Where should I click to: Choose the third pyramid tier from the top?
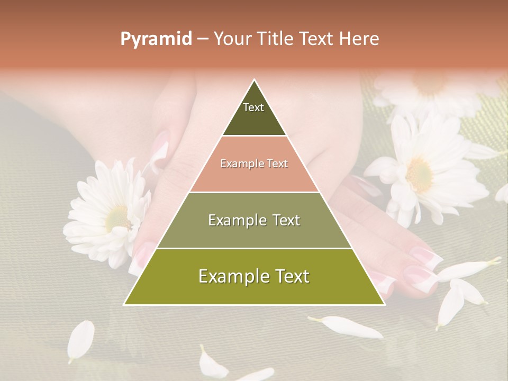tap(254, 220)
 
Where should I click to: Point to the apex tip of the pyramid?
tap(255, 80)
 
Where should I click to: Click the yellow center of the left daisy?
tap(117, 217)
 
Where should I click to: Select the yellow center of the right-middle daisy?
tap(420, 174)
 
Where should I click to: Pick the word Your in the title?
tap(232, 39)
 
